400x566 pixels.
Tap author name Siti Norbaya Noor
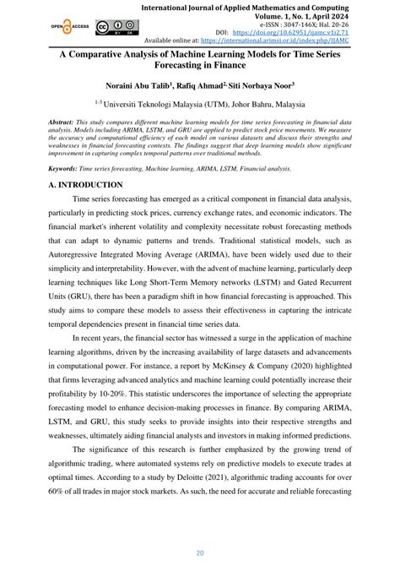(262, 85)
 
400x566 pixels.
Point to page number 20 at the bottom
(199, 553)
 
